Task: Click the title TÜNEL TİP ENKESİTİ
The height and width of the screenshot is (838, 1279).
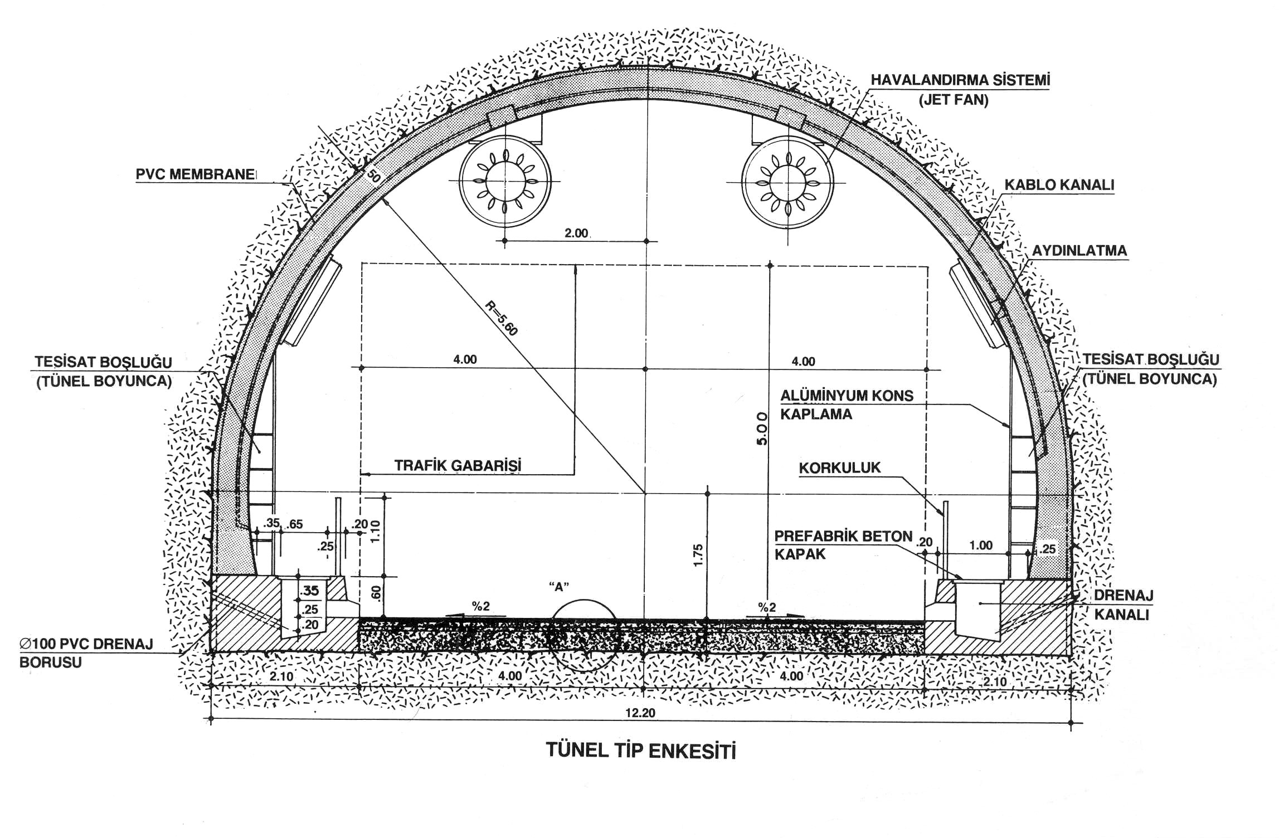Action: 640,750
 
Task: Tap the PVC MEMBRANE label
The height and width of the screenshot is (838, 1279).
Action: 196,174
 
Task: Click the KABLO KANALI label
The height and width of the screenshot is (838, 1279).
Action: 1059,185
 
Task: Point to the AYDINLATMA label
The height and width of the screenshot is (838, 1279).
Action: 1079,251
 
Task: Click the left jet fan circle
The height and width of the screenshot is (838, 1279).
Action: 505,182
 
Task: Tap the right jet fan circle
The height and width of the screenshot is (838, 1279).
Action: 787,182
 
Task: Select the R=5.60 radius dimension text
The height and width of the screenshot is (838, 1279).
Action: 501,318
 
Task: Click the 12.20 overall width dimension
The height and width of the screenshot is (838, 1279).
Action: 640,713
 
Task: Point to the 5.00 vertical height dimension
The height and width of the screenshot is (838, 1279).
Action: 762,428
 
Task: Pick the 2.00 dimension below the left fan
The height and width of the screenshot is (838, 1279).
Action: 576,233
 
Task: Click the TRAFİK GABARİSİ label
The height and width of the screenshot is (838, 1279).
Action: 458,465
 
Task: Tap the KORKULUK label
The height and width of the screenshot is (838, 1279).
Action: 840,467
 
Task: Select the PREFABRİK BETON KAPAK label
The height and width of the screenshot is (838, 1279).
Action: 843,545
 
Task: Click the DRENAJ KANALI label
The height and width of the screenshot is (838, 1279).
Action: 1123,604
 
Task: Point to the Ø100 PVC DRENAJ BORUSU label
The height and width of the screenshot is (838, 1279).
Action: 86,653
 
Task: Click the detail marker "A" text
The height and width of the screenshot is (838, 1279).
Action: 558,586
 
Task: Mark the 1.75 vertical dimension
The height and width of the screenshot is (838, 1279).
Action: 698,555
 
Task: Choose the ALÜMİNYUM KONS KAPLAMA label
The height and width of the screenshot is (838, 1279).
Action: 846,405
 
